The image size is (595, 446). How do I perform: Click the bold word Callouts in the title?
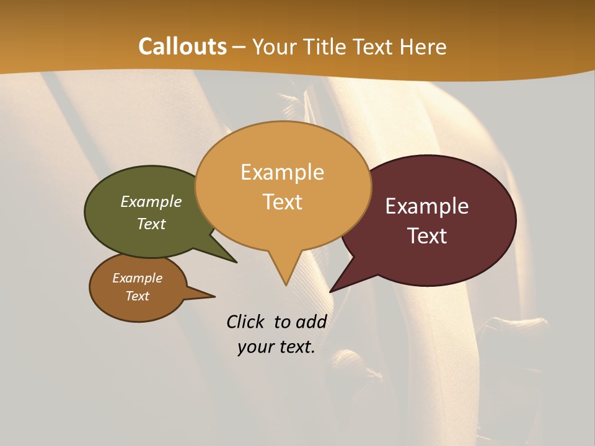click(182, 46)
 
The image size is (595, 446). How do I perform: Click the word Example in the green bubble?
click(151, 201)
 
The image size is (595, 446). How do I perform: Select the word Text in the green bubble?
click(151, 224)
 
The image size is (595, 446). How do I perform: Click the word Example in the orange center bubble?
click(282, 172)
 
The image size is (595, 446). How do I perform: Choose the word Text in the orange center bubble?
click(282, 202)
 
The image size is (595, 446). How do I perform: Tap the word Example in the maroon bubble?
click(427, 206)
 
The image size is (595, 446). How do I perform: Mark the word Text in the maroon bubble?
click(427, 235)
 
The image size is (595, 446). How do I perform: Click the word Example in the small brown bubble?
click(137, 278)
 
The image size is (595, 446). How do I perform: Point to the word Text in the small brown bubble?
click(137, 296)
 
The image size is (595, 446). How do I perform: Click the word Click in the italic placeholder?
click(245, 321)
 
